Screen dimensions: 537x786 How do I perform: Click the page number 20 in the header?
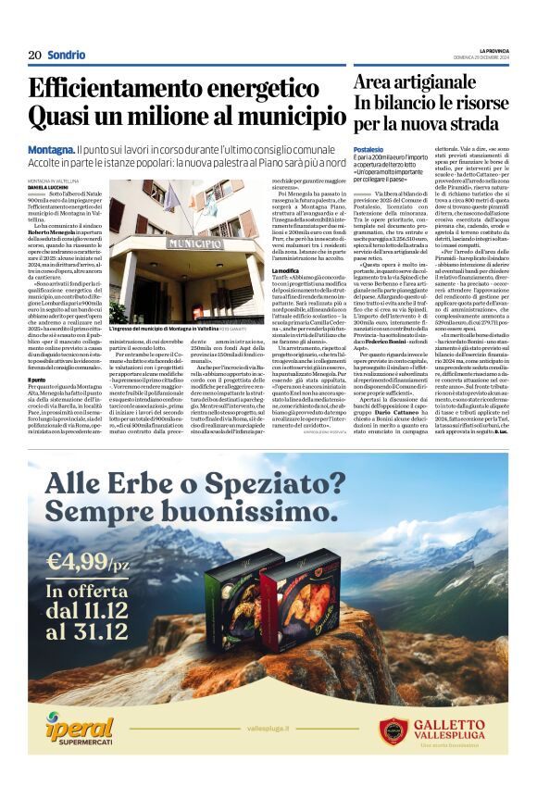tap(34, 55)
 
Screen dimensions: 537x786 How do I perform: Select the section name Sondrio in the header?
tap(66, 55)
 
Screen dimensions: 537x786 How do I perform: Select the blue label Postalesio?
tap(368, 149)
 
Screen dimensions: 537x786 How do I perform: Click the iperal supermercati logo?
tap(82, 730)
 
